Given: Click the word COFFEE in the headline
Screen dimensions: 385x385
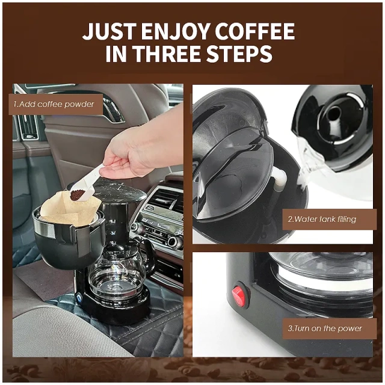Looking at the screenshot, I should (x=253, y=31).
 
